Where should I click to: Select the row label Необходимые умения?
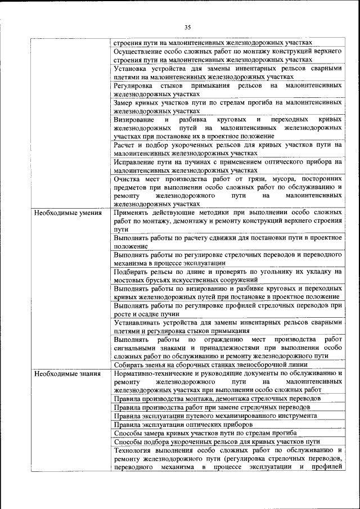tap(67, 214)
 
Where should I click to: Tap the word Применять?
tap(134, 214)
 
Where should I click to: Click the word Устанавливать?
tap(139, 323)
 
